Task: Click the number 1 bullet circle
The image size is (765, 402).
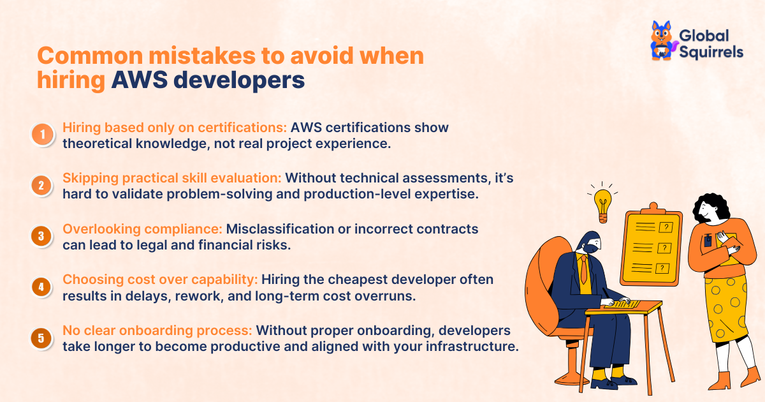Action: (x=43, y=135)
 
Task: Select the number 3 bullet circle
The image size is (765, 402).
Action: (x=41, y=236)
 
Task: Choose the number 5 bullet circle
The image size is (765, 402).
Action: (x=41, y=338)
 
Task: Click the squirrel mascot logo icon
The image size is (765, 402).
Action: (x=662, y=41)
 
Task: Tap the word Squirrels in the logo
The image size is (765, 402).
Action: (x=711, y=52)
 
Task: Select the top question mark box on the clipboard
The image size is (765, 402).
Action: (x=666, y=227)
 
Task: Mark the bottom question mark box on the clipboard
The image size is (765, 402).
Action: (x=664, y=268)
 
